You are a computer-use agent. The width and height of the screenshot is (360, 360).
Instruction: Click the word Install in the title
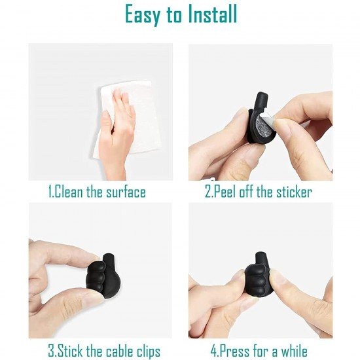click(x=206, y=15)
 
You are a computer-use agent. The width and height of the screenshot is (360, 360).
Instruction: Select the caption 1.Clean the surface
click(x=97, y=192)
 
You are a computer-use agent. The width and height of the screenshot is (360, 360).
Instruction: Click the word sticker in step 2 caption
click(x=293, y=192)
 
